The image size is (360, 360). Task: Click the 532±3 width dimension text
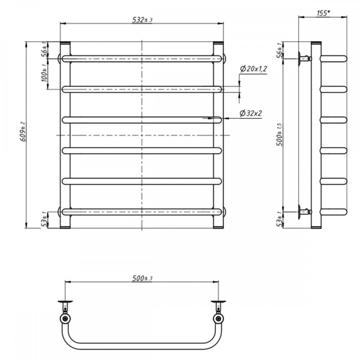coord(143,20)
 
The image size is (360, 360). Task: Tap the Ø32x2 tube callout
coord(251,113)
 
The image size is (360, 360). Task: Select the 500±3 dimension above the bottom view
coord(143,278)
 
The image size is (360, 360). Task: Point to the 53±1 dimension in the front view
coord(44,220)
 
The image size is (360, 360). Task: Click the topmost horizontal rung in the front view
coord(143,59)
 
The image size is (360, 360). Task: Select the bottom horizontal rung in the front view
coord(143,212)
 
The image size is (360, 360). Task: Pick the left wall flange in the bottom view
coord(65,301)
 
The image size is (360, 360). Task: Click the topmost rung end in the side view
coord(334,58)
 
